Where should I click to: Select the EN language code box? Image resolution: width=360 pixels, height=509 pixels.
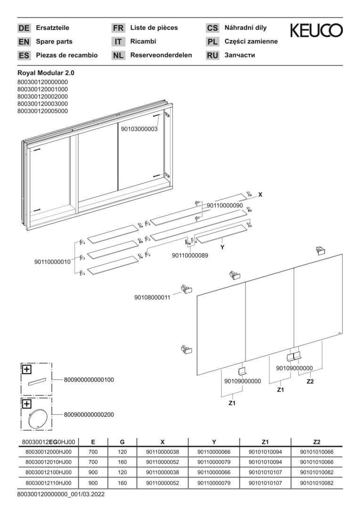click(24, 42)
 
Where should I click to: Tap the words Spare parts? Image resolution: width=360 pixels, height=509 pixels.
click(54, 41)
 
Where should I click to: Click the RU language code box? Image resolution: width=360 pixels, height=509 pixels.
click(213, 56)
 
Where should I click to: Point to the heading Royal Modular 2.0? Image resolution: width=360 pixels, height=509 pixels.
click(46, 74)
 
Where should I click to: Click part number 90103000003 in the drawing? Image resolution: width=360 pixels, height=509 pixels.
click(139, 129)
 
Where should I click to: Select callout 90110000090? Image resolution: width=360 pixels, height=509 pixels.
click(225, 205)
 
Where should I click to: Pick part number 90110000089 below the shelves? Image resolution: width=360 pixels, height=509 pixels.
click(190, 255)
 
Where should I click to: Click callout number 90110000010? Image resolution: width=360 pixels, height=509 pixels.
click(53, 262)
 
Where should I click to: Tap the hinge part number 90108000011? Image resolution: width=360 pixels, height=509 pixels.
click(152, 297)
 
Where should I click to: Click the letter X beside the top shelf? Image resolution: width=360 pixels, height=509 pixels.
click(261, 195)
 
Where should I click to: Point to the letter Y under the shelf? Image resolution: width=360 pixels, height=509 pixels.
click(222, 247)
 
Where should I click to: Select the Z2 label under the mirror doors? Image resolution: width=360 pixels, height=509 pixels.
click(311, 381)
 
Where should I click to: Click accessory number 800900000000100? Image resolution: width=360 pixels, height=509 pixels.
click(89, 380)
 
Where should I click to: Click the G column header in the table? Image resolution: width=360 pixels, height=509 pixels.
click(122, 442)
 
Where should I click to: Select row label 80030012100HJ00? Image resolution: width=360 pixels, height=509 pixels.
click(49, 473)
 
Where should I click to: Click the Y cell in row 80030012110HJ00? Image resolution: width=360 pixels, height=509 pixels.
click(214, 483)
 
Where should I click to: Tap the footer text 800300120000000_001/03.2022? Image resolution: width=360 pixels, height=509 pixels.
click(61, 495)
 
